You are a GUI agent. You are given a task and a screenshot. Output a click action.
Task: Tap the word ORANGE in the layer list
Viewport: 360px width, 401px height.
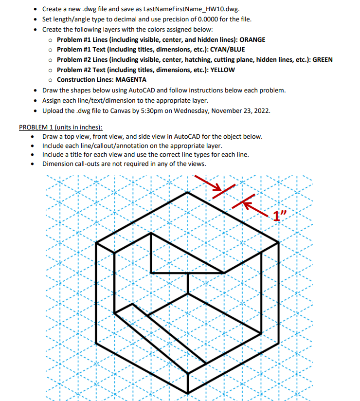click(x=252, y=39)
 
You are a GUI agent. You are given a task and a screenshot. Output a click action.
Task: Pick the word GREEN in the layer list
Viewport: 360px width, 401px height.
click(x=322, y=60)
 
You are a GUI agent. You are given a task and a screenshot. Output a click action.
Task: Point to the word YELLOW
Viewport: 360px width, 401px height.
click(x=222, y=70)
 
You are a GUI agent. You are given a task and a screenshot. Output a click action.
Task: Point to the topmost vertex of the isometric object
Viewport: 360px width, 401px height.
click(x=188, y=192)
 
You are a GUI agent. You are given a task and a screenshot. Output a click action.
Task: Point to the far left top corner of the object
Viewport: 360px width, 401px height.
click(x=97, y=242)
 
